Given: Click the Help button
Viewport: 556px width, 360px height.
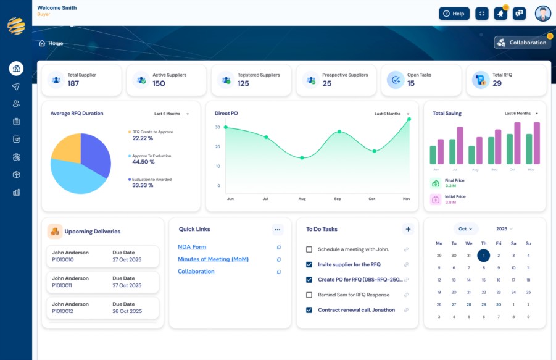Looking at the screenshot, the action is pos(454,14).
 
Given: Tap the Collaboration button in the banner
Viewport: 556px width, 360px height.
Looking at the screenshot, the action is pos(523,43).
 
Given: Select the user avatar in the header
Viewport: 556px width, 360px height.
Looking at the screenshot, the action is pos(543,14).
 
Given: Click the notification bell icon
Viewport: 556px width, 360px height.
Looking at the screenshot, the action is pos(500,14).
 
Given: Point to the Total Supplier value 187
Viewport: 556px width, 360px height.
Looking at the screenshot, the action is pos(73,83).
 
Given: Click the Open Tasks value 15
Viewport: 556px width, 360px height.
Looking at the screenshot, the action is pos(411,83).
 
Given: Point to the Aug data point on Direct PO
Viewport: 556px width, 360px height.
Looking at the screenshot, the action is pos(302,158).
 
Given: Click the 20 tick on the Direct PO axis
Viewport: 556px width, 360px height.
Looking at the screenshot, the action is pos(217,146).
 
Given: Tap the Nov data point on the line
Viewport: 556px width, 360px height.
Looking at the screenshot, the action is pos(409,120).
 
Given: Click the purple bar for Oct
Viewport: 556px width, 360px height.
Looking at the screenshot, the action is pos(517,143).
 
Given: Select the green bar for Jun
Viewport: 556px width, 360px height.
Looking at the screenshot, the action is pos(433,154).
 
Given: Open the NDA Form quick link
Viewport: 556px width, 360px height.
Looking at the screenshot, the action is pos(192,247).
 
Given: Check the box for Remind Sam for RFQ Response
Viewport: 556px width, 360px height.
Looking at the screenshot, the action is pos(309,295).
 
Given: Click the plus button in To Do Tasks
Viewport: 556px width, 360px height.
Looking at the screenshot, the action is pos(408,229).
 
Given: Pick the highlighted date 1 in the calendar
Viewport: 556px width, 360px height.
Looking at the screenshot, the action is pos(484,256).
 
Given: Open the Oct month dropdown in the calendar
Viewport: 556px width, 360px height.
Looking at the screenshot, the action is pos(465,228).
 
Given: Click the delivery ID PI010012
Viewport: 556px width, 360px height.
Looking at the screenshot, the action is pos(62,311).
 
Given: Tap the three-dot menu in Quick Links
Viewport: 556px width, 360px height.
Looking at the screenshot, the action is pos(277,230).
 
